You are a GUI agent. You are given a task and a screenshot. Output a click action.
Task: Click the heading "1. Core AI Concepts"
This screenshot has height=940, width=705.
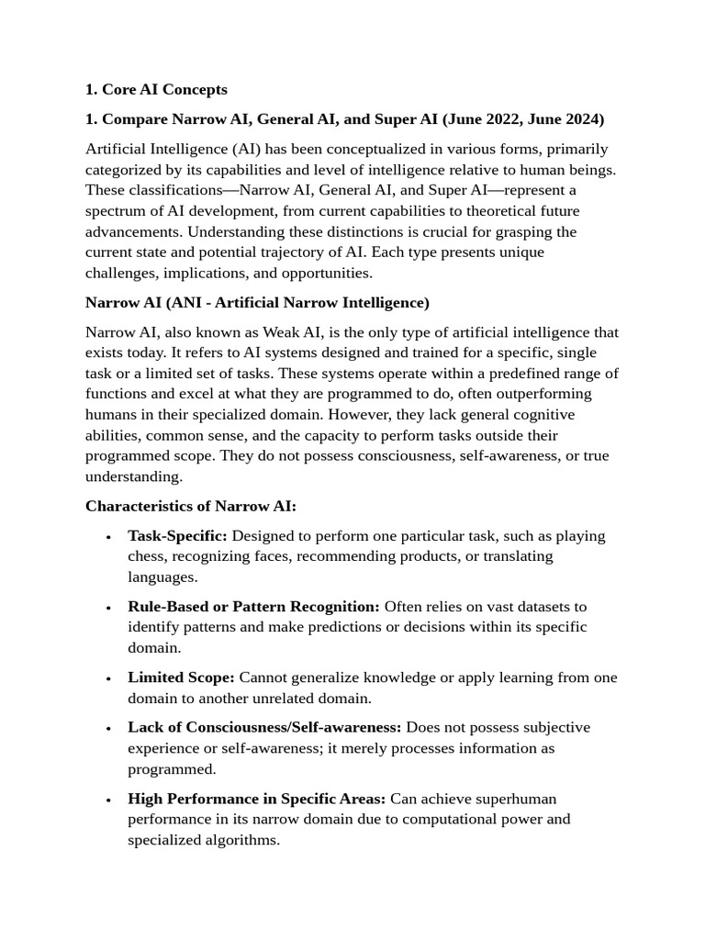click(x=156, y=89)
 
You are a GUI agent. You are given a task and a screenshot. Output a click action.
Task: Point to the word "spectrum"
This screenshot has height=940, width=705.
click(x=116, y=211)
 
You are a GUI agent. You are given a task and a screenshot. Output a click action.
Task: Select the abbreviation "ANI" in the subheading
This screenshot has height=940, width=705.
click(x=183, y=303)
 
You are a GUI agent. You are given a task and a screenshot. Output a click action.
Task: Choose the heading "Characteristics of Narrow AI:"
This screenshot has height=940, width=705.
click(x=191, y=507)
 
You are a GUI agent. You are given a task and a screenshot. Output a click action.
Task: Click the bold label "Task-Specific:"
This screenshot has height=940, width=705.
click(x=177, y=536)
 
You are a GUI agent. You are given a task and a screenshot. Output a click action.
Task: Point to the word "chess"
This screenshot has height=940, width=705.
click(x=147, y=556)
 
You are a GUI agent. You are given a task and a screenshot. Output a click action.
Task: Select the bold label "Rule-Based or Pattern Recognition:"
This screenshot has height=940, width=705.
click(x=253, y=607)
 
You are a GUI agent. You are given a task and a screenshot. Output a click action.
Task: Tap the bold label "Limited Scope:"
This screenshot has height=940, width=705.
click(x=181, y=677)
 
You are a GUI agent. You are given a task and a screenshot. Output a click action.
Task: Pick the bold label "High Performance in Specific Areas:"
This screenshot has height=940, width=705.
click(x=256, y=799)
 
